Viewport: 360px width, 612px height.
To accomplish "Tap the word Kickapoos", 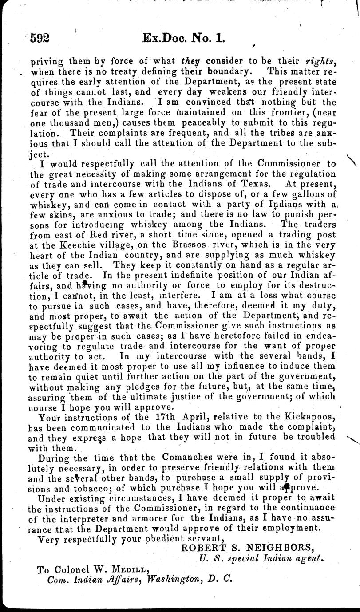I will coord(310,417).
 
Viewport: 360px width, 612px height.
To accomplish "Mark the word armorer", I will coord(149,518).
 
